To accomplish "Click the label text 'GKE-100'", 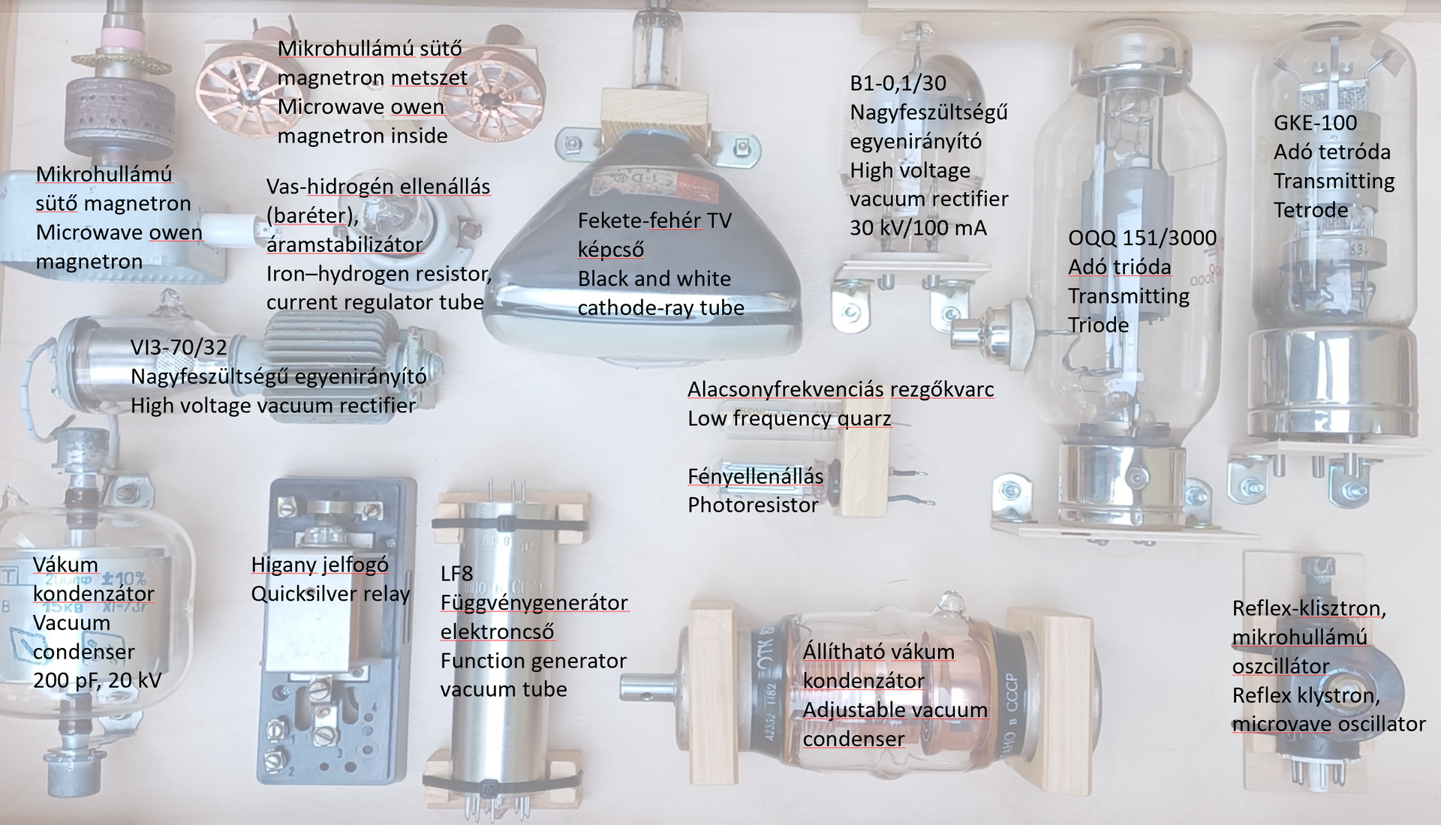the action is point(1315,122).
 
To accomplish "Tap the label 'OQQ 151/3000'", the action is point(1142,238).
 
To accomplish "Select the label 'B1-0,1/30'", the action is point(898,82).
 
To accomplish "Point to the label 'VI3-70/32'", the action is point(179,346).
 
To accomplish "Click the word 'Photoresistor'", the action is point(753,505).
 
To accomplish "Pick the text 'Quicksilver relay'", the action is point(330,594).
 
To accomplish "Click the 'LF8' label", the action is point(456,574).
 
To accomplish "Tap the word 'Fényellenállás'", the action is point(756,476).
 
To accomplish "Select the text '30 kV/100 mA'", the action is point(918,228).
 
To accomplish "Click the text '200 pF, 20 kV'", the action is point(97,681).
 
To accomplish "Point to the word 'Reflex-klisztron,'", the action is point(1309,608).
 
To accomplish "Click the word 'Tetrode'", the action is point(1310,210).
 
